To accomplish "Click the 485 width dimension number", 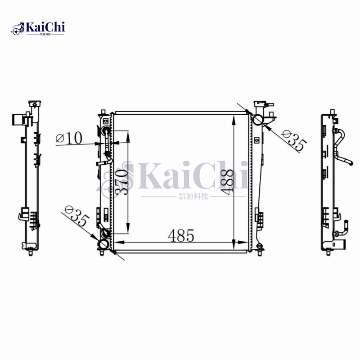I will (x=181, y=235).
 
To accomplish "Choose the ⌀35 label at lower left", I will (x=77, y=216).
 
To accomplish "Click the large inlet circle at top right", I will (x=258, y=120).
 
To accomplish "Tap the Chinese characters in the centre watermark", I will (x=193, y=196).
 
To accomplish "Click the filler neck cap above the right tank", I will (x=260, y=105).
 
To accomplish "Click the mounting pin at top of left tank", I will (x=103, y=111).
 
